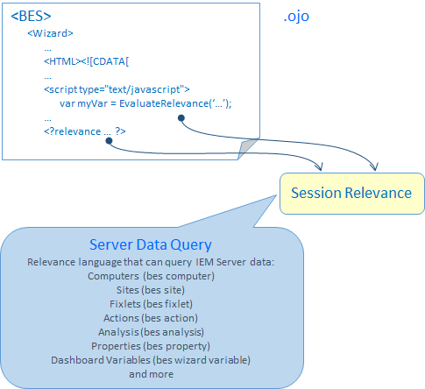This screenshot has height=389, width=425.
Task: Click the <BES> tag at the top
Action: pyautogui.click(x=31, y=17)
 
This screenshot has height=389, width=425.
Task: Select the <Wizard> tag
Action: pyautogui.click(x=50, y=33)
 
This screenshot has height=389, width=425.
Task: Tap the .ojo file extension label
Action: pyautogui.click(x=296, y=17)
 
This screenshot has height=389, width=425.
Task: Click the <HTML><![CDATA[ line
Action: pyautogui.click(x=87, y=61)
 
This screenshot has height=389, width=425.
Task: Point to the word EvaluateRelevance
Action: pyautogui.click(x=164, y=103)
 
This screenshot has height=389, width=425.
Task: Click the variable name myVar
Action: pyautogui.click(x=92, y=104)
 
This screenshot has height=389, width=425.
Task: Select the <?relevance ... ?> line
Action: pyautogui.click(x=85, y=131)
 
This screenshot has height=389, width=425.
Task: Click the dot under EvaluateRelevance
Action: pyautogui.click(x=181, y=118)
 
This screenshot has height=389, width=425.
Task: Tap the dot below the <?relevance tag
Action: pyautogui.click(x=109, y=141)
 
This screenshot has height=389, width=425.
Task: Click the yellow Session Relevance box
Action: pyautogui.click(x=352, y=194)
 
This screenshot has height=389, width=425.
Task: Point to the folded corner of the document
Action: pyautogui.click(x=248, y=148)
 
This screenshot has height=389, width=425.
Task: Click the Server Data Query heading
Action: pyautogui.click(x=151, y=244)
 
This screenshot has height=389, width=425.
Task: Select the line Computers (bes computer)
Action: pyautogui.click(x=151, y=276)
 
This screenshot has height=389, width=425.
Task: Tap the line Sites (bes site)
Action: pyautogui.click(x=151, y=290)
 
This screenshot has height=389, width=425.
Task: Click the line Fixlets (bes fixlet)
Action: pyautogui.click(x=151, y=304)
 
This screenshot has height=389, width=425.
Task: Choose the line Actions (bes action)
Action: pyautogui.click(x=151, y=318)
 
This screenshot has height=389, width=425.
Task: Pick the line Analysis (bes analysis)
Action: pyautogui.click(x=151, y=332)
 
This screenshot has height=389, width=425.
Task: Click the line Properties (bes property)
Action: pyautogui.click(x=151, y=346)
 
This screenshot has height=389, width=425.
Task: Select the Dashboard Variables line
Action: pyautogui.click(x=151, y=360)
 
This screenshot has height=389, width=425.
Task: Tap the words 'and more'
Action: pyautogui.click(x=152, y=374)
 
